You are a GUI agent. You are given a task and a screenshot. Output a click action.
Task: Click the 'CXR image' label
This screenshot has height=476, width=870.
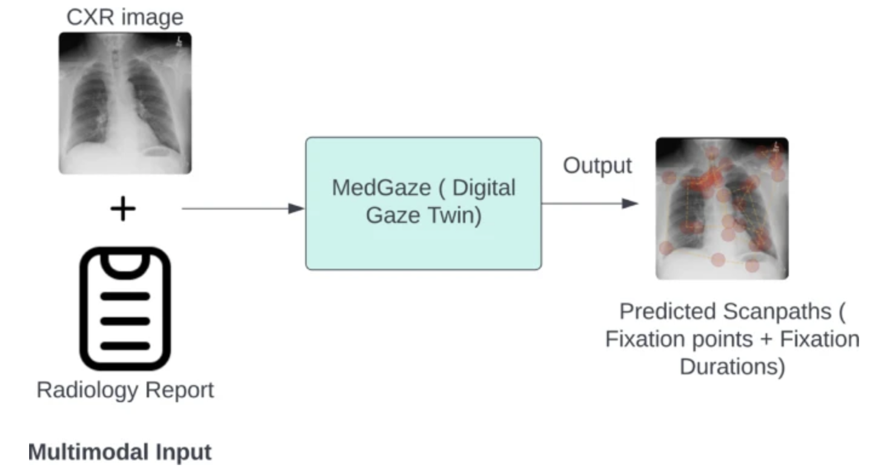coord(125,17)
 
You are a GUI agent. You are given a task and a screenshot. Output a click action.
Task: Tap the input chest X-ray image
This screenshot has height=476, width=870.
coord(125,103)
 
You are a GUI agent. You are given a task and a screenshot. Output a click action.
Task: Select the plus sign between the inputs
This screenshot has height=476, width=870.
coord(123,208)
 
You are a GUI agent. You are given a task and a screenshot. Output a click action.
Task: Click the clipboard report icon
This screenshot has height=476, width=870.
coord(125,309)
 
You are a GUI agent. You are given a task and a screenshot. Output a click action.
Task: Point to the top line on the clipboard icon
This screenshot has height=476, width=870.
coord(125,297)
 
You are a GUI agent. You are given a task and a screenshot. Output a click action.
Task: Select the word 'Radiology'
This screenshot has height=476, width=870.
coord(87,390)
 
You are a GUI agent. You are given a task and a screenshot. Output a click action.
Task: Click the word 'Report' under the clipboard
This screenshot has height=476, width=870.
coord(179,390)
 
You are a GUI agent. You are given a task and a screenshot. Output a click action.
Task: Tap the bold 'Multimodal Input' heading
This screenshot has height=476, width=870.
coord(119,452)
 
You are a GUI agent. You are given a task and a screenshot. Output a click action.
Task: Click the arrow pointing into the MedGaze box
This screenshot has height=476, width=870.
coord(243,208)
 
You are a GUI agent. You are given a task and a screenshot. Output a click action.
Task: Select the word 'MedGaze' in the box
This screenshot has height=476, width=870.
coord(382,188)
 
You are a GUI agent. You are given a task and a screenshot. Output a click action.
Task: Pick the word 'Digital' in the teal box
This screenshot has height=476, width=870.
coord(484,188)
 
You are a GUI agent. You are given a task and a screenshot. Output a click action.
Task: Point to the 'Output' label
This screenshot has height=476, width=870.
coord(597,166)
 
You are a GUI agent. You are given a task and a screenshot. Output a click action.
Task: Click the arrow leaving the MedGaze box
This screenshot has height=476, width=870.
coord(590,203)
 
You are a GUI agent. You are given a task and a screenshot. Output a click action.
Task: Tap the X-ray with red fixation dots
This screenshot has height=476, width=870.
coord(722,208)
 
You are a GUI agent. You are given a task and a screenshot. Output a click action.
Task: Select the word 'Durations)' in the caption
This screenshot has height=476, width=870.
coord(732,366)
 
